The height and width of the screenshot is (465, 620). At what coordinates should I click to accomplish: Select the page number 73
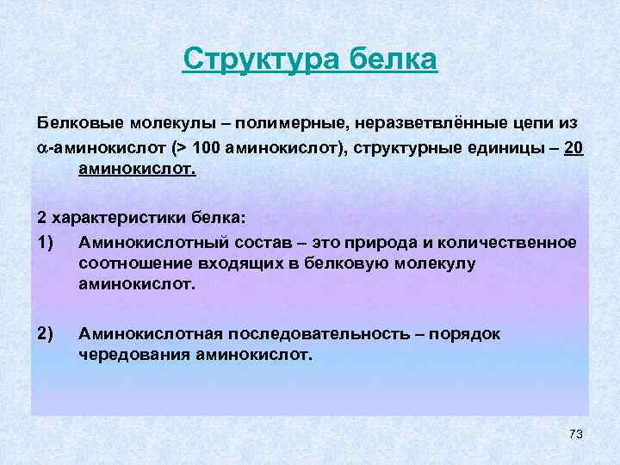576,434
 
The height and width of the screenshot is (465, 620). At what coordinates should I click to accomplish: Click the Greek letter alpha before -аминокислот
42,148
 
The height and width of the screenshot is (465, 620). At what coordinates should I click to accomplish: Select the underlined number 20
574,147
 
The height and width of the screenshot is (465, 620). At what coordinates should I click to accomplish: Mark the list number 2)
47,333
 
